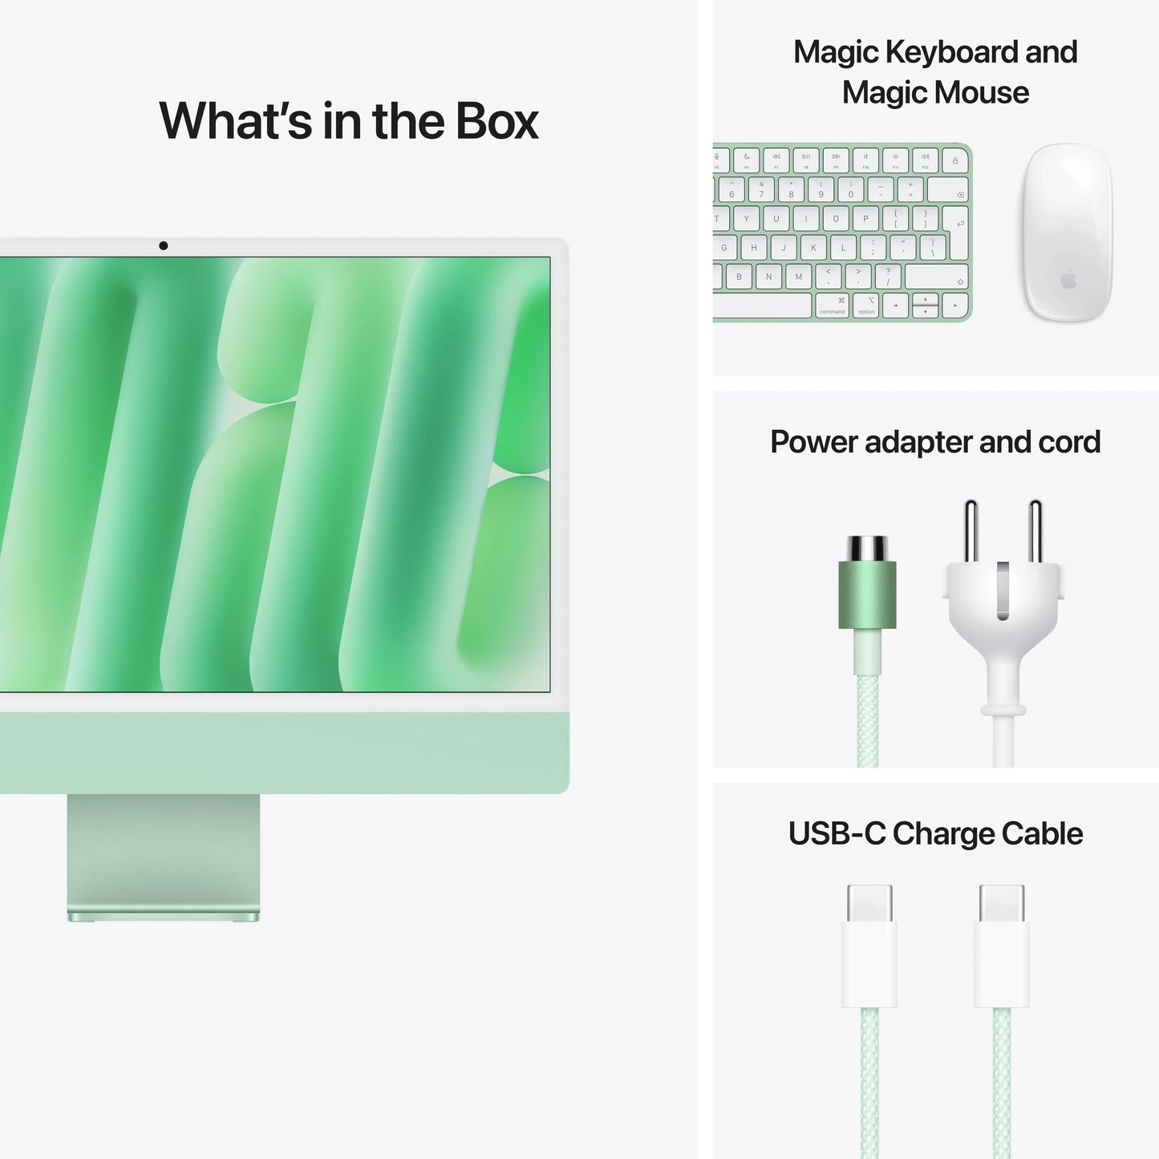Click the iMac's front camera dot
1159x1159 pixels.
pyautogui.click(x=164, y=245)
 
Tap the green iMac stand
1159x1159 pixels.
pyautogui.click(x=164, y=854)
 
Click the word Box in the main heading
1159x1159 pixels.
pyautogui.click(x=497, y=121)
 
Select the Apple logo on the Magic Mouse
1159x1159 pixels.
pyautogui.click(x=1068, y=280)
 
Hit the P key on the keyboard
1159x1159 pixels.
pyautogui.click(x=865, y=218)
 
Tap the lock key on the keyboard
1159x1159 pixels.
pyautogui.click(x=954, y=160)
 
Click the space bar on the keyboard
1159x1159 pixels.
pyautogui.click(x=762, y=306)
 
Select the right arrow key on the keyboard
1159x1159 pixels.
pyautogui.click(x=954, y=306)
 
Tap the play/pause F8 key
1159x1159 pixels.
pyautogui.click(x=806, y=160)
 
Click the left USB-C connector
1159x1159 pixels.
pyautogui.click(x=869, y=946)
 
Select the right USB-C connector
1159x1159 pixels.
pyautogui.click(x=1002, y=946)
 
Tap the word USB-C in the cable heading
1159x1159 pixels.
pyautogui.click(x=837, y=834)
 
